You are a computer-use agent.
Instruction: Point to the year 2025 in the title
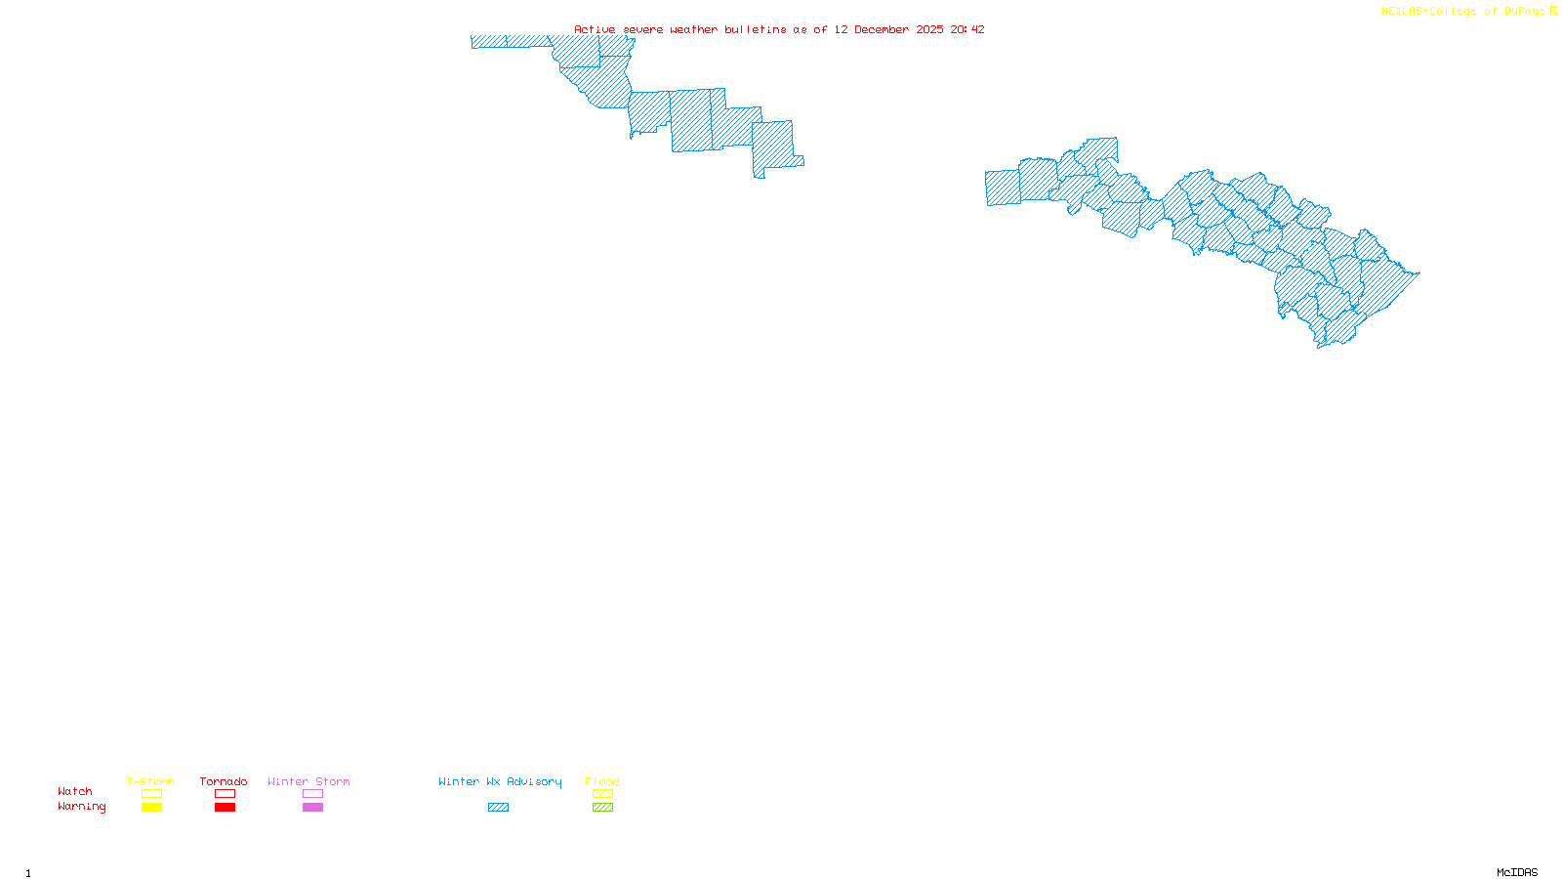click(x=929, y=29)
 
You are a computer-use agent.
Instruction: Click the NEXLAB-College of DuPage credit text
click(x=1463, y=11)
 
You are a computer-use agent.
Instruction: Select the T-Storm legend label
click(x=150, y=781)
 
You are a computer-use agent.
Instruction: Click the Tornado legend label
click(x=224, y=781)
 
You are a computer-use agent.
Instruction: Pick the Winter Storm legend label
click(x=308, y=781)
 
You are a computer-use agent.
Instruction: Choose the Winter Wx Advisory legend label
click(x=500, y=781)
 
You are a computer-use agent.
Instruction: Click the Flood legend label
click(x=602, y=781)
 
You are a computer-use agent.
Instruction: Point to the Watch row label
click(x=75, y=791)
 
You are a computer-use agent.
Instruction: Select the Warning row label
click(x=82, y=807)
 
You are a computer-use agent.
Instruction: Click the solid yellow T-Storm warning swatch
click(x=151, y=808)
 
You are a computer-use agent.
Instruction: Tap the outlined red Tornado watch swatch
click(x=225, y=794)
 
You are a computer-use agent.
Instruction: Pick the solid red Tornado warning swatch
click(x=225, y=808)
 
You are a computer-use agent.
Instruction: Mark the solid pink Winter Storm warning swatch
click(x=312, y=808)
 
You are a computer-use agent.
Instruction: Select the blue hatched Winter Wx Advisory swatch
click(x=498, y=808)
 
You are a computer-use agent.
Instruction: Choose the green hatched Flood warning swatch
click(x=602, y=808)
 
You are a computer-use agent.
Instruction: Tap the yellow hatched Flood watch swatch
click(x=602, y=794)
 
